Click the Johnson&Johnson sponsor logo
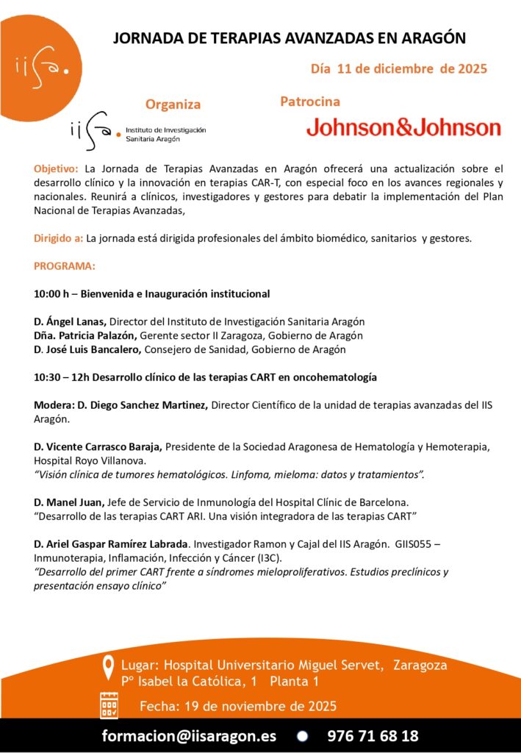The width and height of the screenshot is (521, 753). point(403,127)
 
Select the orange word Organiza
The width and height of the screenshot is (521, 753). point(173,104)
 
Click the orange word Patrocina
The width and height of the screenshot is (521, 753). point(310,101)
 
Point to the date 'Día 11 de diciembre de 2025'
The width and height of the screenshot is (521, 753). point(399,69)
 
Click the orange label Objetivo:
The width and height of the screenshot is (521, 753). point(57,168)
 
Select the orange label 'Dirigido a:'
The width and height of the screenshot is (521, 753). point(58,238)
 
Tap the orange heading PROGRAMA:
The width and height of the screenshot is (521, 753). point(65,265)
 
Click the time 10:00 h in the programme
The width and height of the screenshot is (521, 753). point(51,294)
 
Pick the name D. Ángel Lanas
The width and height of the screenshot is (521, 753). point(71,321)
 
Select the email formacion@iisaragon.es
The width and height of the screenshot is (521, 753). point(190,736)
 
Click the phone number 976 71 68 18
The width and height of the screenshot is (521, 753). point(373,736)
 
